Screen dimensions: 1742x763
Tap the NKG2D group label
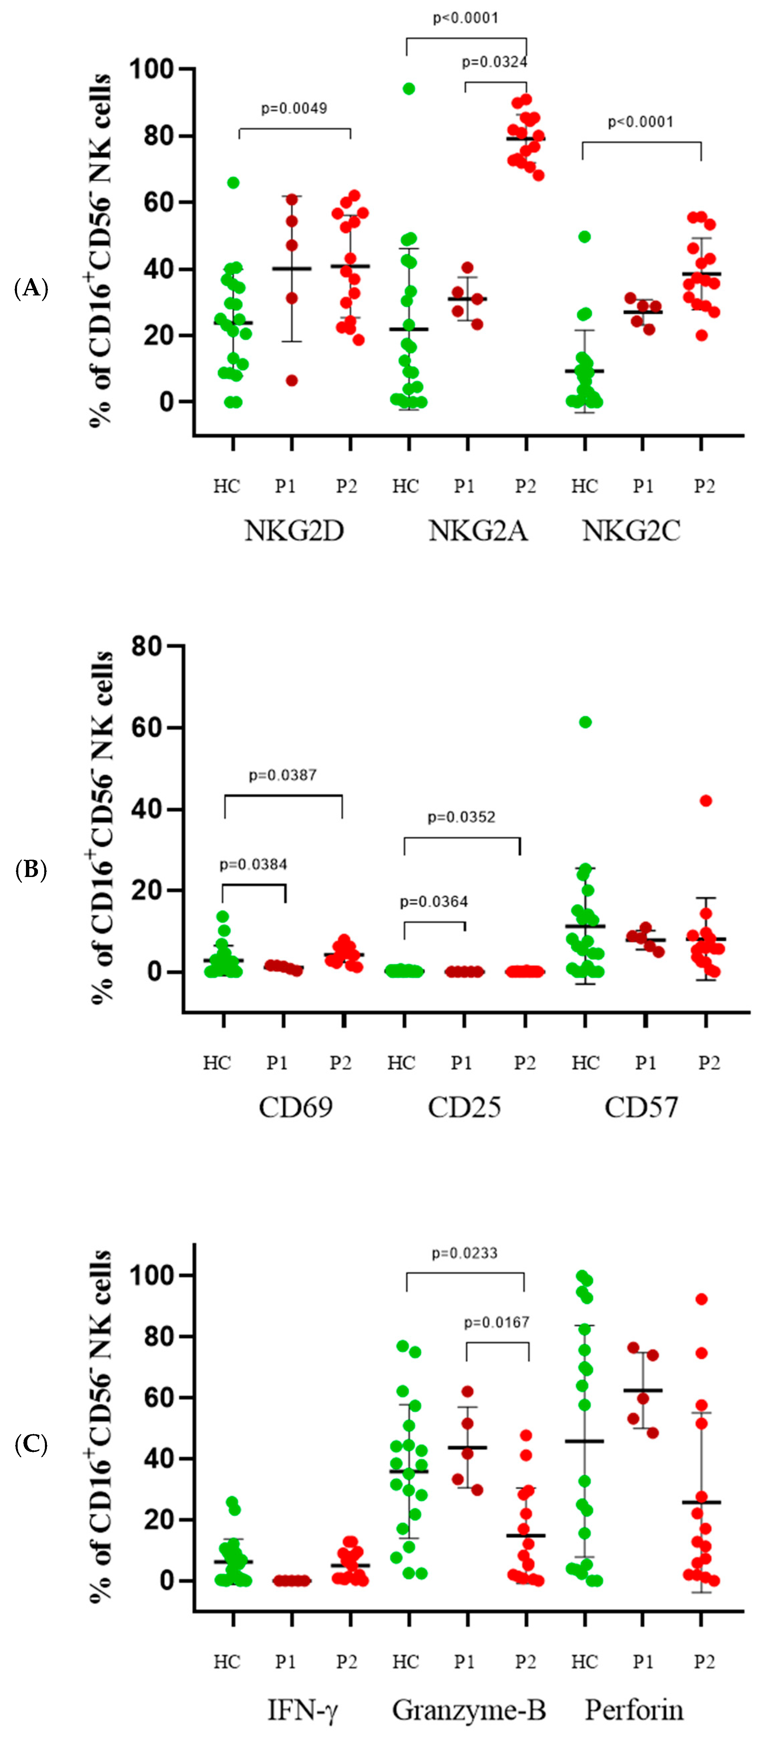(x=294, y=531)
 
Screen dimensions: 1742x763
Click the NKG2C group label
(x=631, y=531)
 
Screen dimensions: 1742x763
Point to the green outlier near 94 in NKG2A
(x=408, y=89)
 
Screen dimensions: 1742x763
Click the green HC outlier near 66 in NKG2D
(x=233, y=183)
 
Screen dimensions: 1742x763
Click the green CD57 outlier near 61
(x=585, y=722)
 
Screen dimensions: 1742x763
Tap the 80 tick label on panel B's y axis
(x=147, y=647)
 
